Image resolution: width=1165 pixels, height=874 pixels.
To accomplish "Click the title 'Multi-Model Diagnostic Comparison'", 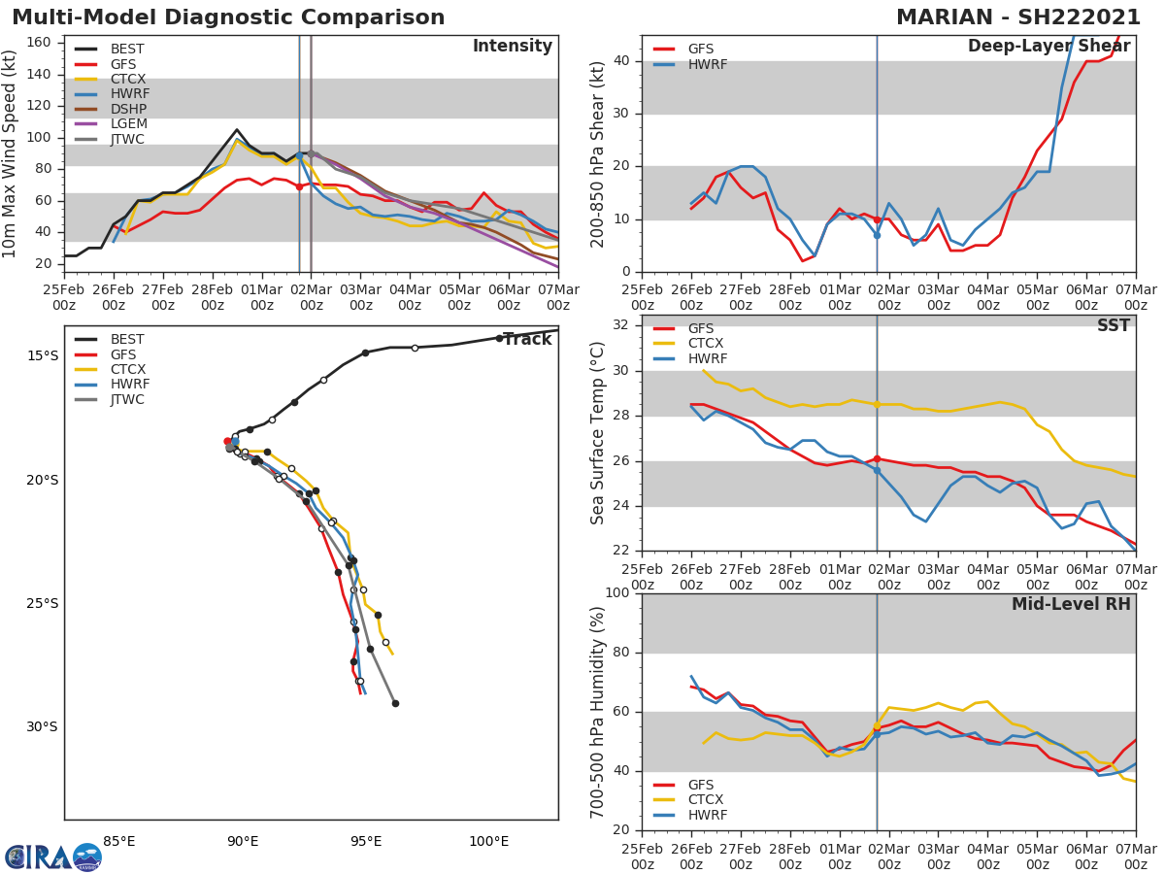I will (228, 17).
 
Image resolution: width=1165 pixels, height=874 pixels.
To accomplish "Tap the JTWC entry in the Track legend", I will (127, 400).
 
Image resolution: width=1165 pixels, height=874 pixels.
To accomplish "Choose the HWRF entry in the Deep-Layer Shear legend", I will (707, 64).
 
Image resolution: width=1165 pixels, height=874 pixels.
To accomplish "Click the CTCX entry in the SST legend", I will (707, 344).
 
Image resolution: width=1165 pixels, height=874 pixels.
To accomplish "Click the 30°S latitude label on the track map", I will (42, 727).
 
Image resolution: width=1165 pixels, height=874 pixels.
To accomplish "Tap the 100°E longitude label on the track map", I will (488, 841).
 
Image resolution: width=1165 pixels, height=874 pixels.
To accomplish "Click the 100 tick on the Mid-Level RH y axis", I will (616, 593).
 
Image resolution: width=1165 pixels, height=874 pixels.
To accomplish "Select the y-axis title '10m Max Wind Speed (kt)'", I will (11, 154).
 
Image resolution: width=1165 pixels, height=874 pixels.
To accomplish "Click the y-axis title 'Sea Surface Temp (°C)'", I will (598, 433).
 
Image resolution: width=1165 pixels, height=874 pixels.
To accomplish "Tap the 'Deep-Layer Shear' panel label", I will (1048, 47).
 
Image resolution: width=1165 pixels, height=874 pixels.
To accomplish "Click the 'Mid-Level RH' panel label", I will (1071, 604).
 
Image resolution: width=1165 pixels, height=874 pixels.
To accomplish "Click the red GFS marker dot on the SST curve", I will (877, 458).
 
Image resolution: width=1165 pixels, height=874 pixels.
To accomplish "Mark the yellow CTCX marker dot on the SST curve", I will (877, 404).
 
